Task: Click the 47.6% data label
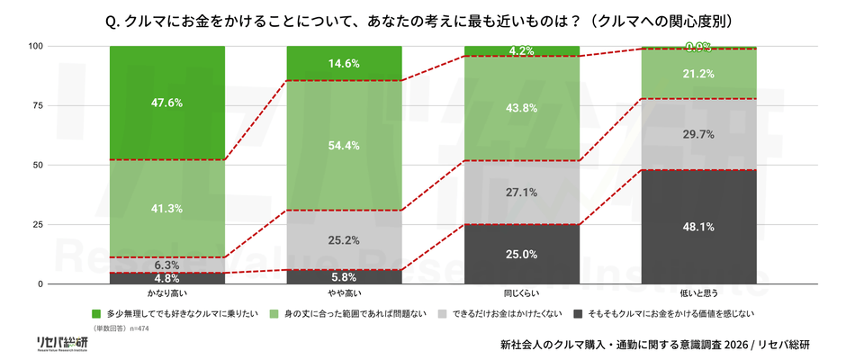coord(166,103)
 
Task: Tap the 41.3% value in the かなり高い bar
coord(166,209)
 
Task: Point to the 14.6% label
coord(344,64)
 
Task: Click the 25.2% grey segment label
coord(344,240)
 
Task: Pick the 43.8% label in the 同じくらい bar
coord(521,108)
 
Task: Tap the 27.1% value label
coord(521,193)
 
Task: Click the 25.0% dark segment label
coord(521,255)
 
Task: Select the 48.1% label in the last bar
coord(699,228)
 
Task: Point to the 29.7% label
coord(699,134)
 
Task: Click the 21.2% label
coord(699,74)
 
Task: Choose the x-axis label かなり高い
coord(166,294)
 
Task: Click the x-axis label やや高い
coord(344,294)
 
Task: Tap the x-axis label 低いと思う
coord(699,294)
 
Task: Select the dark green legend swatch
coord(96,314)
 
